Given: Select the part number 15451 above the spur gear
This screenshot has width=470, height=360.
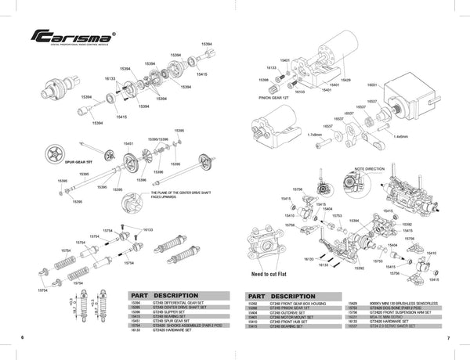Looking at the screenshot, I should click(128, 144).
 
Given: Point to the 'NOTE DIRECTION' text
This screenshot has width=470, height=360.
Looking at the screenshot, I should click(371, 167).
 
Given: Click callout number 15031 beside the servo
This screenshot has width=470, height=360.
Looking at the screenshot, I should click(372, 83).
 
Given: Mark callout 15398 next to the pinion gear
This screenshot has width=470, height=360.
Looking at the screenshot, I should click(263, 80).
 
